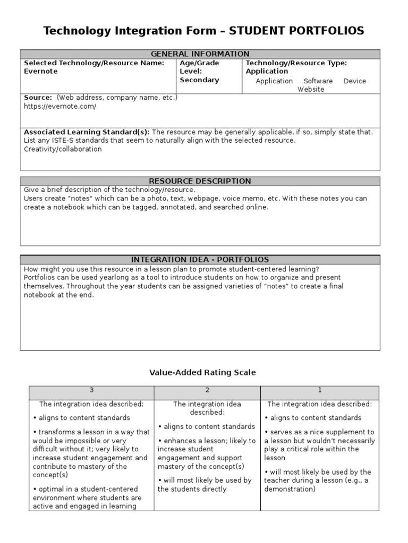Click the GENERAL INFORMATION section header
point(200,54)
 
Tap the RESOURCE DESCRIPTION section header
point(200,181)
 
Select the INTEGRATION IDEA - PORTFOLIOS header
point(200,260)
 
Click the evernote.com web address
point(60,107)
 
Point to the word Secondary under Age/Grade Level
point(199,80)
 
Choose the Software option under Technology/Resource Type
point(318,81)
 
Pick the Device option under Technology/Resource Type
point(354,81)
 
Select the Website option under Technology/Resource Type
point(311,90)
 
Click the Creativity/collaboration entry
point(63,150)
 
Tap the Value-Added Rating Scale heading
point(202,373)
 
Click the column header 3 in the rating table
point(91,390)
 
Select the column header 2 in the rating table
point(207,390)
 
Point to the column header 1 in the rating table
point(320,390)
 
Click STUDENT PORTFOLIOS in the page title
point(296,31)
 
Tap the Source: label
point(38,98)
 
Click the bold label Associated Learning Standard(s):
point(87,132)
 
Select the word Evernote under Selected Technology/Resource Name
point(41,72)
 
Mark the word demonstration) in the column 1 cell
point(290,489)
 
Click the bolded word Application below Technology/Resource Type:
point(267,72)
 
